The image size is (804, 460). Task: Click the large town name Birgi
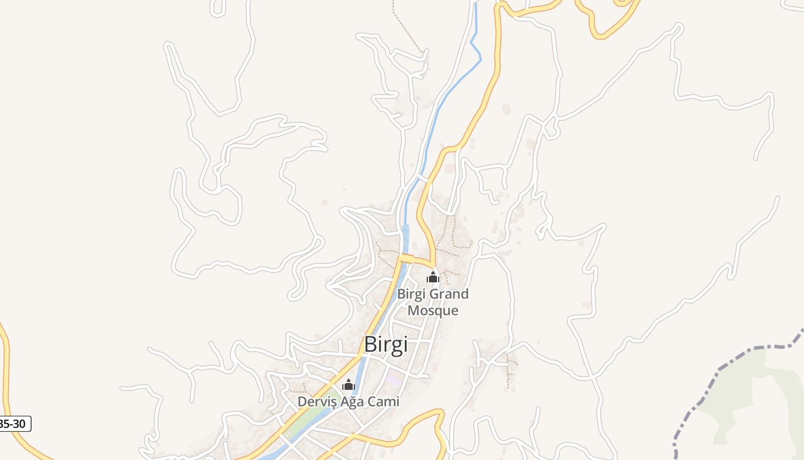(386, 344)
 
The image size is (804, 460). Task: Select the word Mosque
(432, 311)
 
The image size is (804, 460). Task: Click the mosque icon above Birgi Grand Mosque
(432, 278)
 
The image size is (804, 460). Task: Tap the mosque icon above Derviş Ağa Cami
(348, 385)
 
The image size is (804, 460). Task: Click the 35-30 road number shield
(14, 424)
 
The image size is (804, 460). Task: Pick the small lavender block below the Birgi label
(393, 379)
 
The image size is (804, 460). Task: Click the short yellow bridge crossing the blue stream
(407, 257)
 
